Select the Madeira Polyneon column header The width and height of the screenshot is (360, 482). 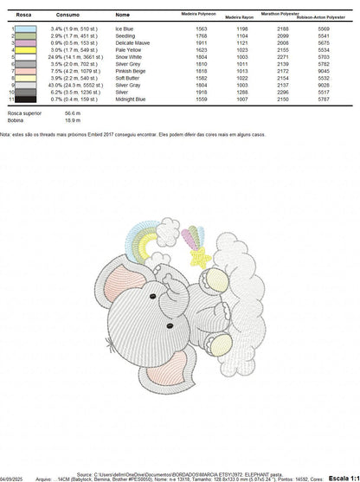pos(197,14)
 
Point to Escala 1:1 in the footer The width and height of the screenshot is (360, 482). pos(342,476)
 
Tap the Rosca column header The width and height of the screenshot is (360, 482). pos(15,15)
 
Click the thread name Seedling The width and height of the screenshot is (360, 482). pos(124,35)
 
